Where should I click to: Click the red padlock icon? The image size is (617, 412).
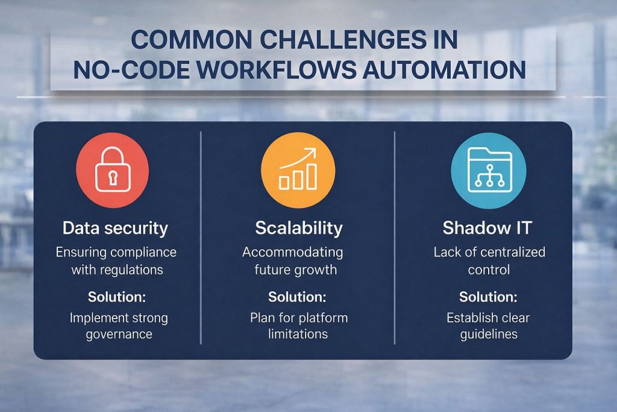113,171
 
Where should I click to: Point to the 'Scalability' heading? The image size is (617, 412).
299,228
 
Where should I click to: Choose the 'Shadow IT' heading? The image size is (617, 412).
489,228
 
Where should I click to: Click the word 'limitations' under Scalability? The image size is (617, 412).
299,334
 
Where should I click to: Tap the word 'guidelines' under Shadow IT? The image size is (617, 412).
488,334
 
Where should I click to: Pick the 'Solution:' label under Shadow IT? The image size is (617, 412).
488,297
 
